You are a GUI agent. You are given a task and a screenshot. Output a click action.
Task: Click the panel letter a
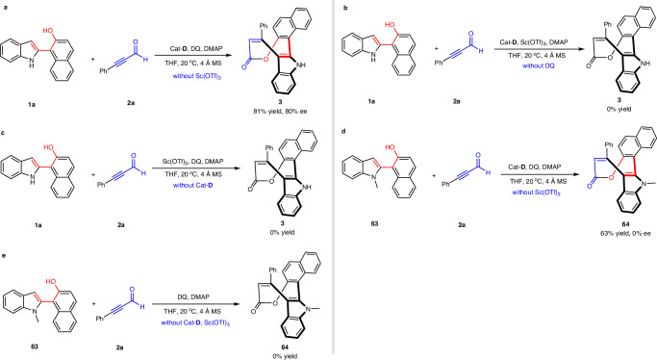click(4, 5)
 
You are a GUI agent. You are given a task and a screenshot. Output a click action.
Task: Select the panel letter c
click(4, 124)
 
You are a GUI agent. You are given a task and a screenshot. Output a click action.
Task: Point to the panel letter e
click(4, 244)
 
